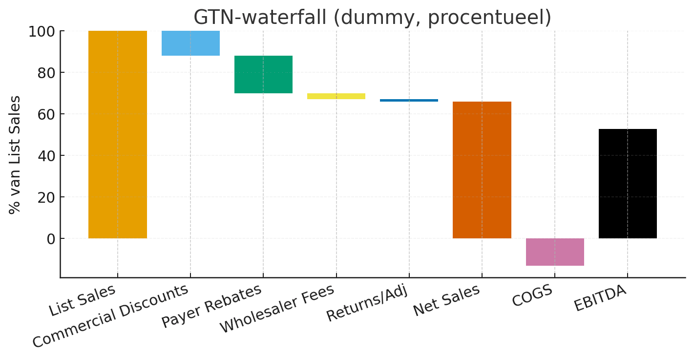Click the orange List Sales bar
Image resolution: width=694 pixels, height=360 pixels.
[x=117, y=134]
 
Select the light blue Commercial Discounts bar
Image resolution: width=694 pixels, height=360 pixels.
[x=190, y=43]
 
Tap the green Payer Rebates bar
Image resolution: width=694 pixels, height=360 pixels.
[x=263, y=74]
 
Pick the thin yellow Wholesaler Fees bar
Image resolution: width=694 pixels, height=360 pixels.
[x=336, y=96]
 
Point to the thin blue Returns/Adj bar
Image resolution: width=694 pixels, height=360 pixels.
[x=409, y=100]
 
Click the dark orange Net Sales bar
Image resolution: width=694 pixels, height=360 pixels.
[x=482, y=170]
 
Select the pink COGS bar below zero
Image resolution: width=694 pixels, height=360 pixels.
[x=555, y=252]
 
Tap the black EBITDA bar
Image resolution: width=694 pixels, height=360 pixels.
[x=628, y=184]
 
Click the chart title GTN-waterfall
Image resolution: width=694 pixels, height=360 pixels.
[x=372, y=18]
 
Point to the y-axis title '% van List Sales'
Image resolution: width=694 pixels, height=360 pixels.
[x=15, y=154]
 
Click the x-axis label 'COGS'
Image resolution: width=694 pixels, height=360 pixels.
[x=532, y=296]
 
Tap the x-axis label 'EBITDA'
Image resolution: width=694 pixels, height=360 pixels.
[x=600, y=298]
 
